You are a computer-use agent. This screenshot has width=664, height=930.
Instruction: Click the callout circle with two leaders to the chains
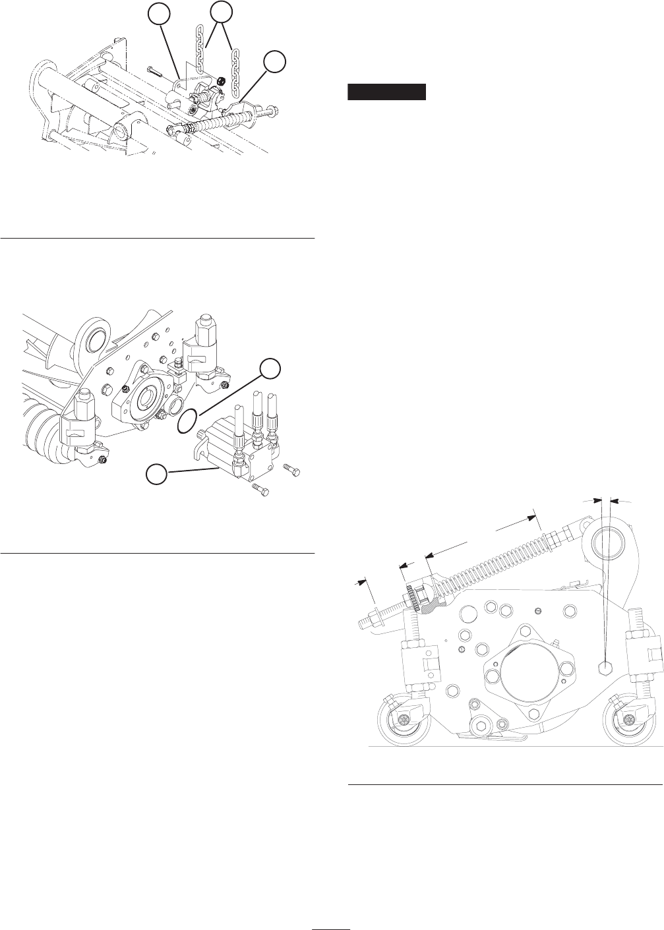pos(222,13)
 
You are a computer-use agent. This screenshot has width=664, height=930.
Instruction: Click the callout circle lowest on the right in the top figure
pos(275,62)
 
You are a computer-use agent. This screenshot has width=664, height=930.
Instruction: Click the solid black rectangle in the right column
pos(387,92)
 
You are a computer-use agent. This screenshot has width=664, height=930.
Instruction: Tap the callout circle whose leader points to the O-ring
pos(269,369)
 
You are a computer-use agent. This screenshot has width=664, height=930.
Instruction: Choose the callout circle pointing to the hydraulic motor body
pos(156,474)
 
